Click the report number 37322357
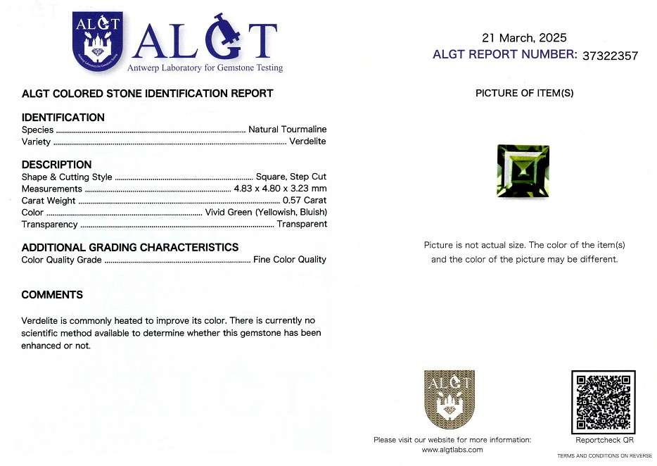[x=611, y=56]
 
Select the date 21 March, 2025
[x=524, y=38]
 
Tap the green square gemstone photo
[x=523, y=170]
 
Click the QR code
[x=604, y=402]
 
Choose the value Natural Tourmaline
[x=287, y=130]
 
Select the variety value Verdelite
[x=307, y=141]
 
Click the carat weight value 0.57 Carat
[x=304, y=201]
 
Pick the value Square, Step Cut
[x=291, y=177]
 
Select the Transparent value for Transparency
[x=302, y=225]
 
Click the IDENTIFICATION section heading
[x=63, y=118]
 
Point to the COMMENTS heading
[x=52, y=295]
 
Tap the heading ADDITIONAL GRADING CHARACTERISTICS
[x=129, y=248]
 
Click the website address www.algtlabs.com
[x=452, y=450]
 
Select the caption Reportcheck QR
[x=604, y=440]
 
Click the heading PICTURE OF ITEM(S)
[x=524, y=93]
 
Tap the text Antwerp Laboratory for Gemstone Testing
[x=205, y=68]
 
